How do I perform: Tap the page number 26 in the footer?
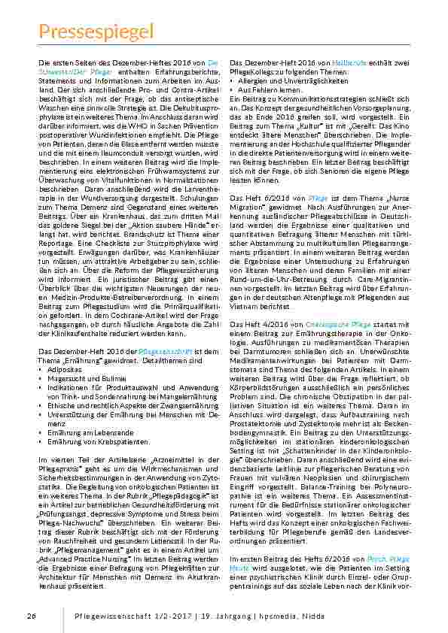(x=31, y=616)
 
